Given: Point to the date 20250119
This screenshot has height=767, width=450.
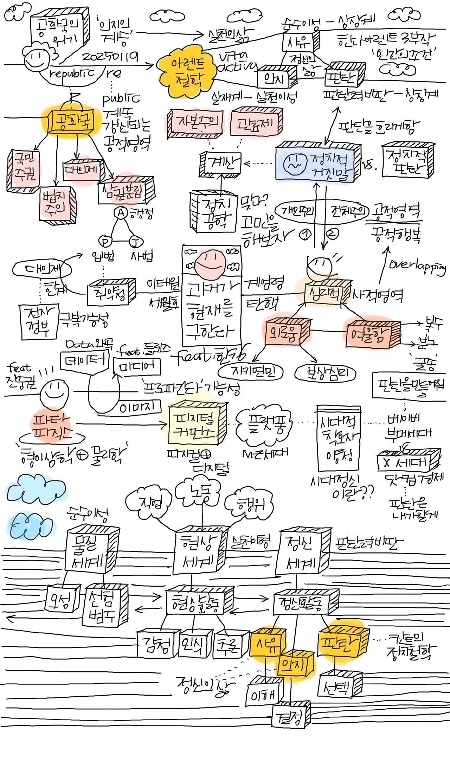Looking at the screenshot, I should coord(110,57).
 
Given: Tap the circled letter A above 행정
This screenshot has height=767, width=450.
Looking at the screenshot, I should coord(121,213).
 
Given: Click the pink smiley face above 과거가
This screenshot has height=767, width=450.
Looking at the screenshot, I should coord(210,263).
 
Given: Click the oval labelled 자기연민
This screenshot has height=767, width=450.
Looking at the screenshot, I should coord(251,371).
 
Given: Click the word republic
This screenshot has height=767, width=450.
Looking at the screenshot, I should coord(72,73).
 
